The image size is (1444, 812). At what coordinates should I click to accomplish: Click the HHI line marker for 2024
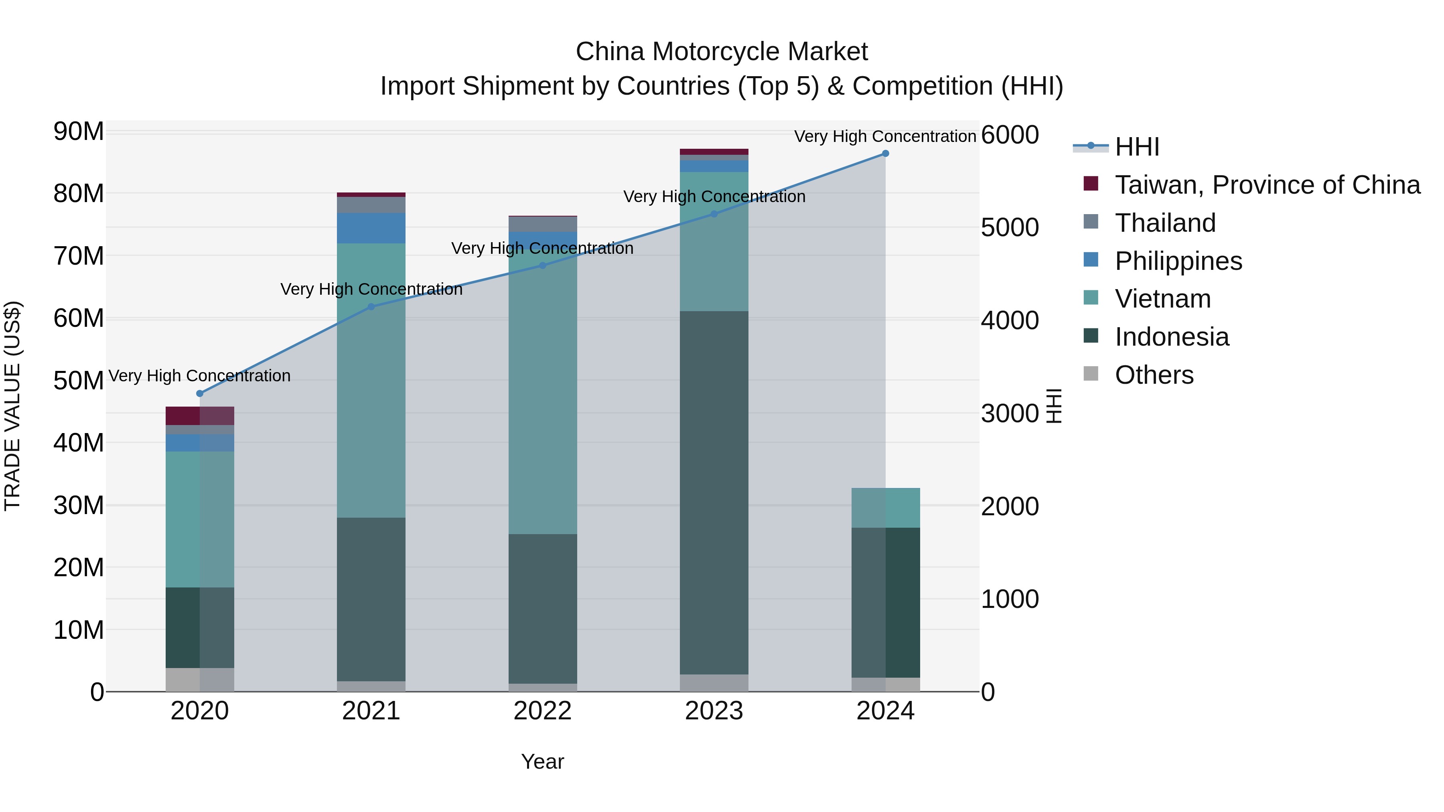point(885,154)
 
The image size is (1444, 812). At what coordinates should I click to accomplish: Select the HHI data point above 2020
point(200,393)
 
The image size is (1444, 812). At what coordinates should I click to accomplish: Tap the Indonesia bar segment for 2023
point(714,493)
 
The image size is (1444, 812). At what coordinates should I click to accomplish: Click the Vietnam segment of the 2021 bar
point(371,381)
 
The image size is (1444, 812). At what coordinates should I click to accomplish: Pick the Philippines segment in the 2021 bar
point(371,228)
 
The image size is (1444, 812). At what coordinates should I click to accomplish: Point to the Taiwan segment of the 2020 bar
point(200,416)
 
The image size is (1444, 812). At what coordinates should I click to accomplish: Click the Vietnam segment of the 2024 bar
point(885,508)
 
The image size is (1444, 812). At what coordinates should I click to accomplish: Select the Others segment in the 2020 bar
point(200,679)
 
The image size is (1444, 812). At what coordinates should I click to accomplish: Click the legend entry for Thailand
point(1165,223)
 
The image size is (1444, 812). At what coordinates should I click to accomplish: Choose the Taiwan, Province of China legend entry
point(1267,185)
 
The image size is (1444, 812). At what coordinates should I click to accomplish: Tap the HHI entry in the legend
point(1136,147)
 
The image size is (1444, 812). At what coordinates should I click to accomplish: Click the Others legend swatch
point(1091,374)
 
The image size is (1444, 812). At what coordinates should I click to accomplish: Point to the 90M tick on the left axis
point(79,132)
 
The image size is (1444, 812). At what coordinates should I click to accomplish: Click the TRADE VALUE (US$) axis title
point(12,406)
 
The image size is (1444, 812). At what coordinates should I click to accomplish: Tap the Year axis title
point(542,761)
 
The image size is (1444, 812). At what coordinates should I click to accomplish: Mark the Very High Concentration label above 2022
point(542,248)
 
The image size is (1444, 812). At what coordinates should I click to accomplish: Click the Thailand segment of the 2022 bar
point(542,224)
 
